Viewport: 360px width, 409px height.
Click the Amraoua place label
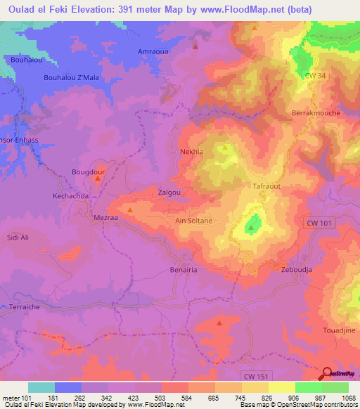pos(153,53)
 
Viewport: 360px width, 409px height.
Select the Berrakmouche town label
pos(315,112)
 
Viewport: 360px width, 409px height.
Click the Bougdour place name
pos(89,171)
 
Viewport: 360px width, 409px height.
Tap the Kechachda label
pos(71,195)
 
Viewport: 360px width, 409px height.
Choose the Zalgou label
pos(170,192)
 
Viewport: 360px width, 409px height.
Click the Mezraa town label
pos(105,218)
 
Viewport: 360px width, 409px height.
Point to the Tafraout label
pos(266,186)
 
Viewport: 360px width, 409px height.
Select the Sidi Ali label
pos(18,238)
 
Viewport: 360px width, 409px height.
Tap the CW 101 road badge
pos(320,223)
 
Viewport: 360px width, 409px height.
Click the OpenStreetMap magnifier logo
pos(328,374)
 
